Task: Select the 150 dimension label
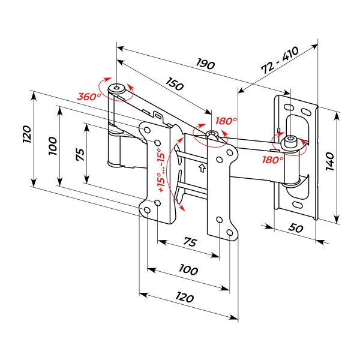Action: tap(160, 85)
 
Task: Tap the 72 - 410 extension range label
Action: tap(280, 62)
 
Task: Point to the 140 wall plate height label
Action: tap(329, 161)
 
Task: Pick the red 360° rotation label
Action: tap(88, 96)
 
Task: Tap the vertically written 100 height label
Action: tap(53, 144)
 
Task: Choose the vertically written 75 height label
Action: tap(79, 154)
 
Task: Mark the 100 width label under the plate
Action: tap(188, 270)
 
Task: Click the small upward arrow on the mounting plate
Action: tap(202, 167)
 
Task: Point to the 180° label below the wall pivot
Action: tap(273, 160)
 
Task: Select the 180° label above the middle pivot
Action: tap(226, 121)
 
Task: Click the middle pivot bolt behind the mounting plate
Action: tap(210, 134)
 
